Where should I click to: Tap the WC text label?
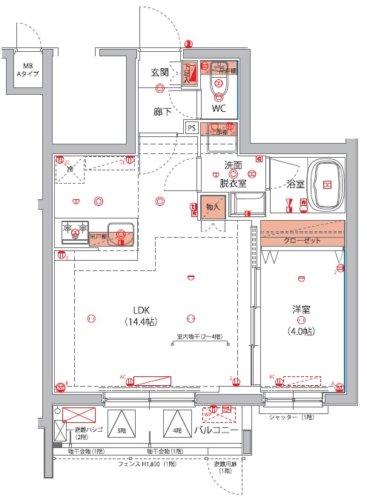click(x=219, y=108)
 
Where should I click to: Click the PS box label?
click(x=191, y=127)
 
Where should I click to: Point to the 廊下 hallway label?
click(x=162, y=113)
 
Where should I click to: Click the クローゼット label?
click(x=300, y=241)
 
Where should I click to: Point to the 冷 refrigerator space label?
click(x=67, y=169)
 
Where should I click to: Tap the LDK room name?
click(x=143, y=310)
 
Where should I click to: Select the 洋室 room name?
click(x=301, y=310)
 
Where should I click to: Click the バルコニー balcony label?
click(x=216, y=430)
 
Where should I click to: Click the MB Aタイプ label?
click(x=30, y=70)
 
